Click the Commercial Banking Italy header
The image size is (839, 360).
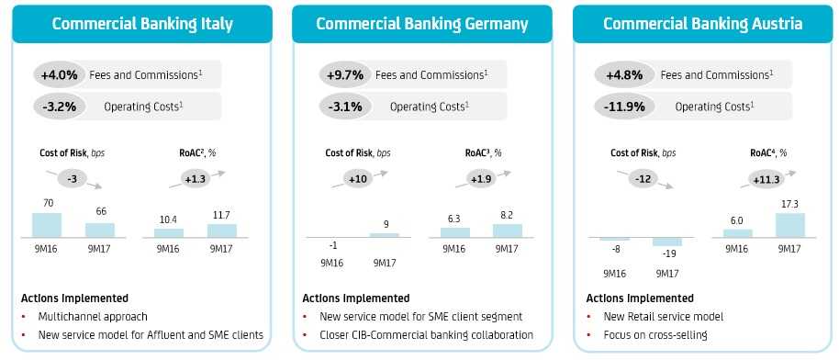[x=142, y=24]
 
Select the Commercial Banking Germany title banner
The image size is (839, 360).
[x=422, y=24]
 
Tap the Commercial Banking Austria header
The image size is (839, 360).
[x=702, y=24]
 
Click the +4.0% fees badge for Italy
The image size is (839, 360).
[x=60, y=74]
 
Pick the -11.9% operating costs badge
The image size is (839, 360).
[x=623, y=107]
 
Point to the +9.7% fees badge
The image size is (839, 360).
[x=345, y=74]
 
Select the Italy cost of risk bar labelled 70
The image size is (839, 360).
[x=47, y=225]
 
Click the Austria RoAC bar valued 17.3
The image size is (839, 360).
[x=789, y=225]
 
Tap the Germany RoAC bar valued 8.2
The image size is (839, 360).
[x=508, y=231]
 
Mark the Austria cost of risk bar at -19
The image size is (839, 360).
[x=667, y=242]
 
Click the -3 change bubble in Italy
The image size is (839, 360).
[x=73, y=178]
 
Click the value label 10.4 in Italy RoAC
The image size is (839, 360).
[x=169, y=220]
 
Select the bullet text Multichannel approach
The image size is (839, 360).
[x=93, y=317]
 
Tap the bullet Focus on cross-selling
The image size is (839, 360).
[x=655, y=335]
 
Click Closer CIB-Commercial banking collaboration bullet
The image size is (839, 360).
[x=427, y=335]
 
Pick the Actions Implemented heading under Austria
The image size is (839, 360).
[x=640, y=298]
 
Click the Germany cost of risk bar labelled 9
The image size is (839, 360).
[x=385, y=235]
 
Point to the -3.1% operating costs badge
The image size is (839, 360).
[x=345, y=107]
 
